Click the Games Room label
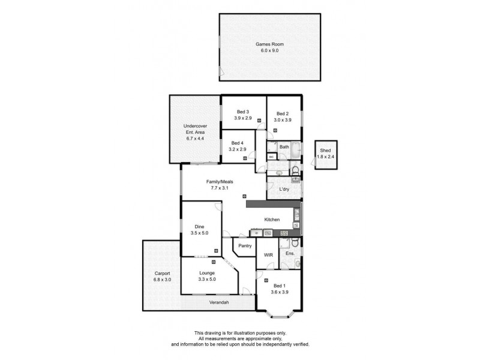[x=269, y=44]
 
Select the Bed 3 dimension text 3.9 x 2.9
[x=243, y=118]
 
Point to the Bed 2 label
[x=283, y=113]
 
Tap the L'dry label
[x=284, y=189]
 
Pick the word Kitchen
[x=272, y=219]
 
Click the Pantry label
[x=244, y=246]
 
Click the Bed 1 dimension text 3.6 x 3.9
[x=280, y=292]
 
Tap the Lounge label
[x=208, y=273]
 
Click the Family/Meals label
[x=220, y=181]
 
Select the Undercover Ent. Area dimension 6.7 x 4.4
[x=194, y=138]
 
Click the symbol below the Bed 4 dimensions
[x=245, y=158]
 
